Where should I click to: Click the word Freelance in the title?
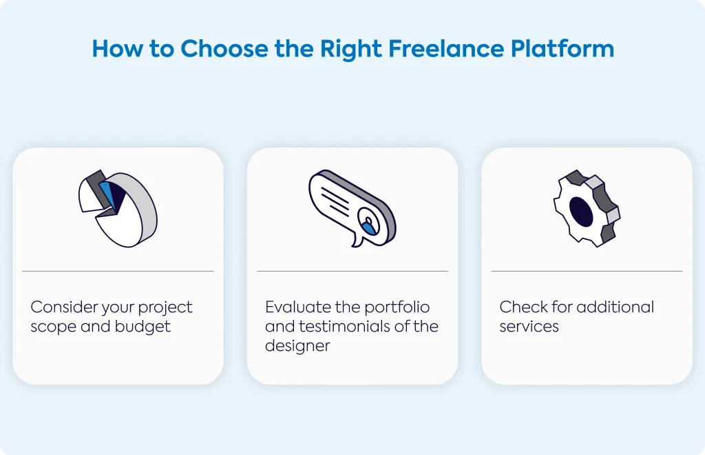click(445, 49)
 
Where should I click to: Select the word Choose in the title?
click(224, 49)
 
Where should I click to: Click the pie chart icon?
click(118, 208)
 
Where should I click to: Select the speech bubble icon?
click(352, 208)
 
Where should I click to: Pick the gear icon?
click(587, 208)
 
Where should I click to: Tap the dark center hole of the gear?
click(581, 211)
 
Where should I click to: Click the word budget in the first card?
click(143, 327)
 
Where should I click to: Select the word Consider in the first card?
click(64, 307)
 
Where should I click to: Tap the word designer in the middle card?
click(297, 346)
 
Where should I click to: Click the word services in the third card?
click(529, 327)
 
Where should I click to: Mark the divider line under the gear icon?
click(587, 271)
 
